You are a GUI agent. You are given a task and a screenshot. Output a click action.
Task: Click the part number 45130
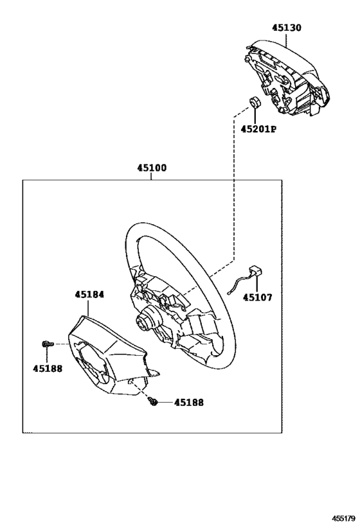(x=287, y=28)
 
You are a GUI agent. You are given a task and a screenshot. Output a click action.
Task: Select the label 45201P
(x=258, y=129)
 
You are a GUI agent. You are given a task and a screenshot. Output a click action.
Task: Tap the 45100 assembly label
(x=152, y=168)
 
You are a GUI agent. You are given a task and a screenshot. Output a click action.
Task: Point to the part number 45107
(x=258, y=297)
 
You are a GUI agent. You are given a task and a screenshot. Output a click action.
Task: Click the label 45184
(x=89, y=295)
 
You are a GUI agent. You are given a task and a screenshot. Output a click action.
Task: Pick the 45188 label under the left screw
(x=48, y=369)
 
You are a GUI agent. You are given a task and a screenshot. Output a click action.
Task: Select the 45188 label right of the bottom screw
(x=189, y=402)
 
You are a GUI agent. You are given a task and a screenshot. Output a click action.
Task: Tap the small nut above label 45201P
(x=255, y=101)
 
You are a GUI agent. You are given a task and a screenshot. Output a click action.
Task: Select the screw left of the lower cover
(x=48, y=344)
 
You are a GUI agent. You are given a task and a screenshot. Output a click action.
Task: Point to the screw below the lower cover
(x=153, y=401)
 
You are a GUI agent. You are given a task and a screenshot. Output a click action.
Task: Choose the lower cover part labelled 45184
(x=109, y=356)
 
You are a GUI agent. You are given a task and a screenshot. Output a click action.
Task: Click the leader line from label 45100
(x=152, y=177)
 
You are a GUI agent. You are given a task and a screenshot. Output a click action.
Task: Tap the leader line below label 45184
(x=88, y=307)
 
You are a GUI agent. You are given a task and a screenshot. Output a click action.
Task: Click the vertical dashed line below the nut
(x=233, y=188)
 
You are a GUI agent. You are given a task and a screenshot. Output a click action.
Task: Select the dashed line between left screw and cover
(x=61, y=344)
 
